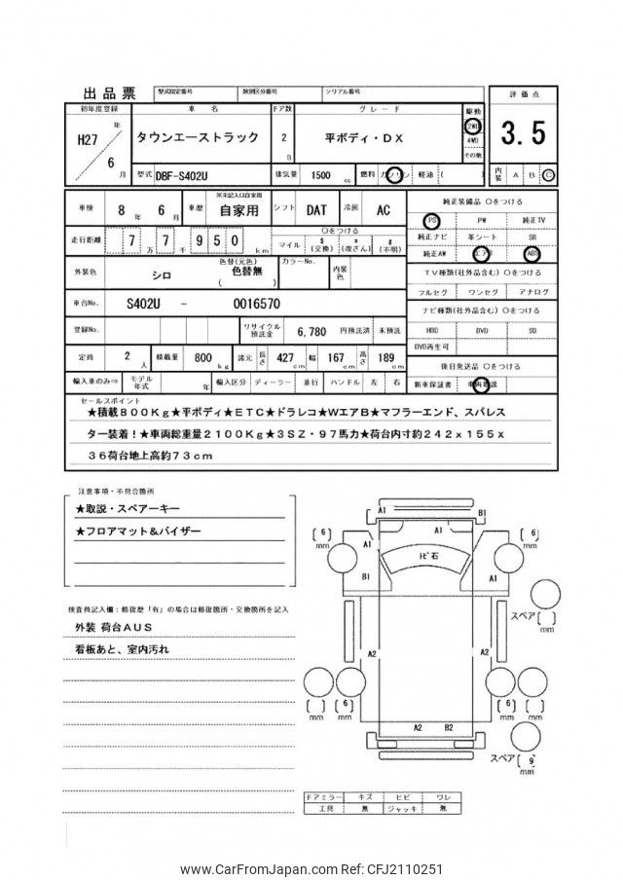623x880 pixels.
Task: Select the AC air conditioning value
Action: [383, 209]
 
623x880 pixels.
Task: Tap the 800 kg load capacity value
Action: [204, 357]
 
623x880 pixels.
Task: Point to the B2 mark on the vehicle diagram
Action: [448, 725]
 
